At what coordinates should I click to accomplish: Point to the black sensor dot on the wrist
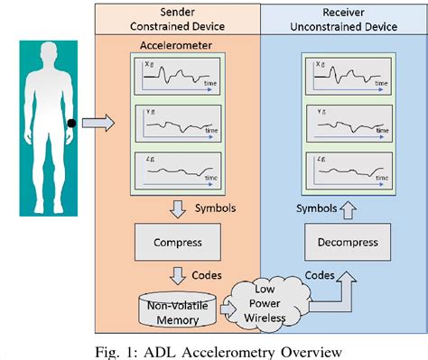point(70,123)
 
